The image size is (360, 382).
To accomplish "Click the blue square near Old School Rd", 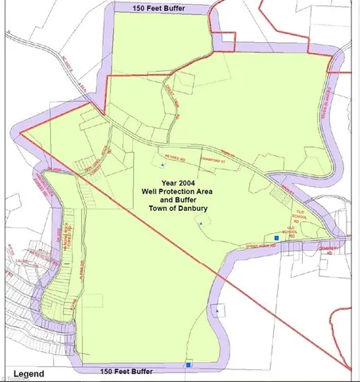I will point(276,238).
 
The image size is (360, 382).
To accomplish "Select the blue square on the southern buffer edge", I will point(188,365).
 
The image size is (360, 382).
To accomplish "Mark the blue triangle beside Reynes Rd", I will point(162,165).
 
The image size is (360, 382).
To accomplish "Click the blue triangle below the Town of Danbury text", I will point(200,224).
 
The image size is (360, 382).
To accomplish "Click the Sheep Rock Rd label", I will point(260,246).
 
